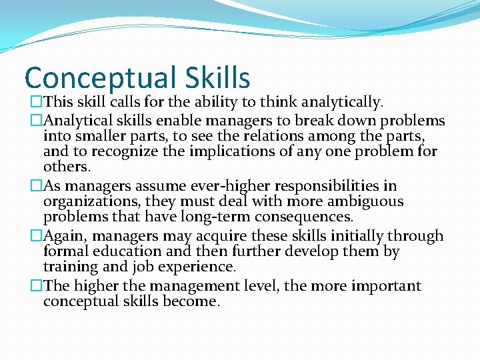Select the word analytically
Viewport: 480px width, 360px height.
click(342, 102)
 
